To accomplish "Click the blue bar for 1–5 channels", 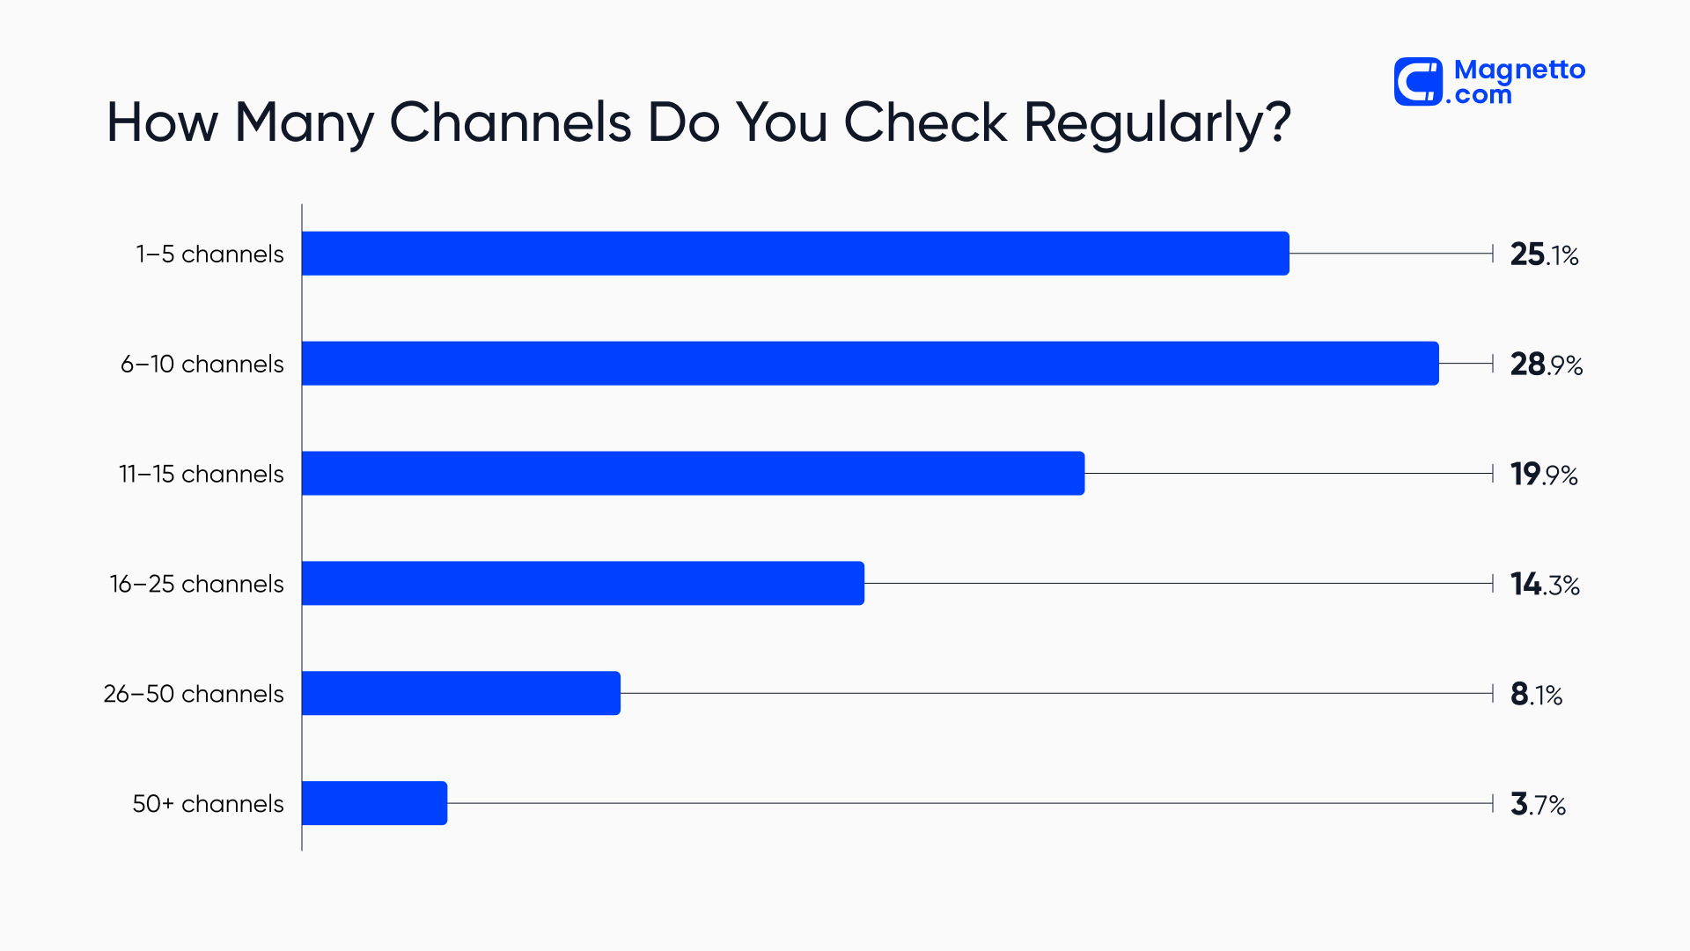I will point(795,254).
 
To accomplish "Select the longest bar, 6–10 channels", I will point(870,364).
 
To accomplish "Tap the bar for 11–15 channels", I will point(693,474).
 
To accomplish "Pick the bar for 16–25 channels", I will point(583,583).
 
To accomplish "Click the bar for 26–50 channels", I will point(460,693).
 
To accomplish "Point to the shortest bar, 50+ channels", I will point(374,803).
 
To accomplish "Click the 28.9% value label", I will point(1546,365).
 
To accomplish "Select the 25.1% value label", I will point(1544,254).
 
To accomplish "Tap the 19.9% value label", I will point(1544,475).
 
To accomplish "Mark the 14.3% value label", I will point(1545,585).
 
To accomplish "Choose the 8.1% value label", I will point(1536,695).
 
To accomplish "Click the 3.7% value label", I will point(1538,804).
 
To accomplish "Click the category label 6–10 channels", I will point(202,364).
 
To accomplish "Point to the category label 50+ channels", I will point(208,804).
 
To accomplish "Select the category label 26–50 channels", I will point(194,694).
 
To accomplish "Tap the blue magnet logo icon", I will point(1418,82).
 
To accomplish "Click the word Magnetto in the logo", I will point(1519,70).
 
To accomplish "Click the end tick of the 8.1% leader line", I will point(1493,694).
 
